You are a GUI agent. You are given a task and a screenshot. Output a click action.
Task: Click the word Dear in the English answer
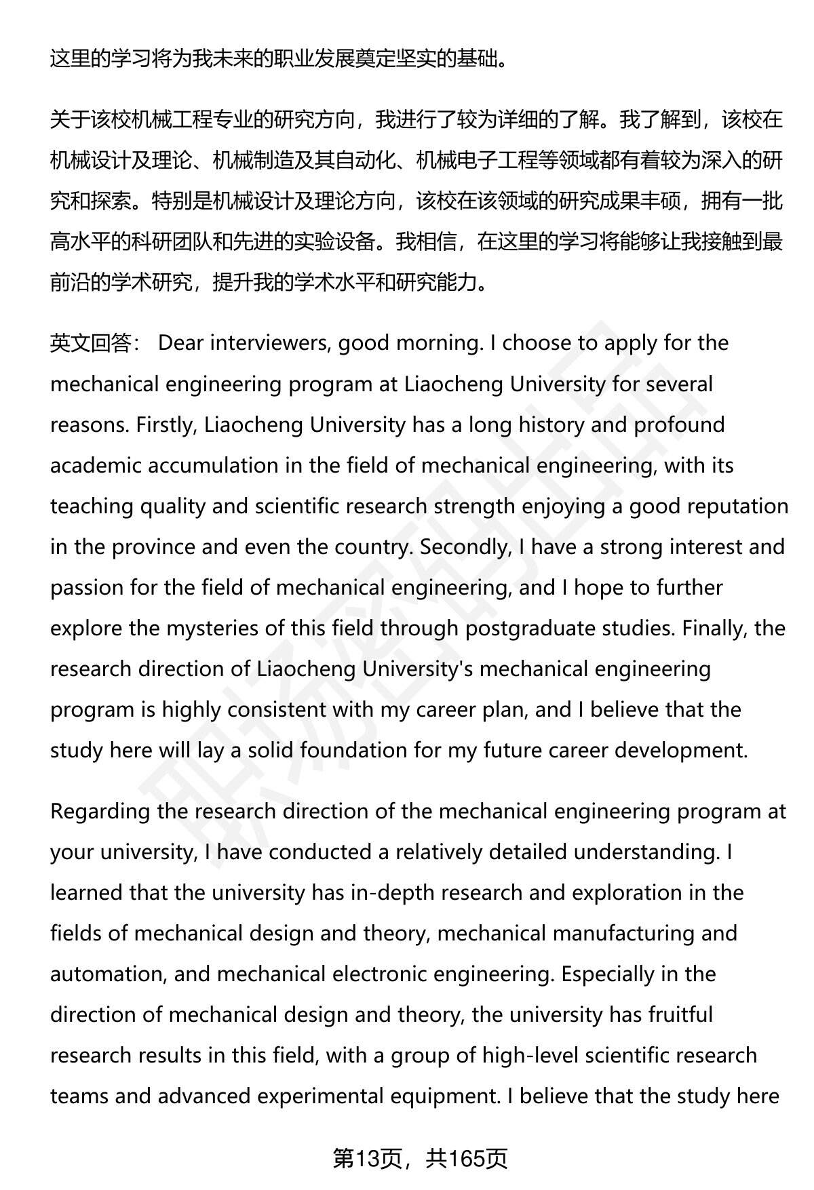pos(180,343)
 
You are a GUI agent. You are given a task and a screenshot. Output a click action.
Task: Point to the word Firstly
pos(166,425)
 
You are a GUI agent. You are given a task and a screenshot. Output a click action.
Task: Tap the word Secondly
pos(465,547)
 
